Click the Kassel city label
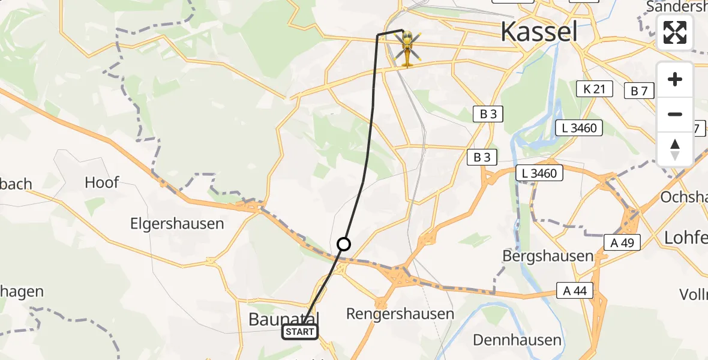pyautogui.click(x=539, y=31)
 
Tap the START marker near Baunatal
pyautogui.click(x=299, y=332)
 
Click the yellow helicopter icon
pyautogui.click(x=407, y=48)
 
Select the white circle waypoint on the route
pyautogui.click(x=344, y=244)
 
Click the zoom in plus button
pyautogui.click(x=675, y=79)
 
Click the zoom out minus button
pyautogui.click(x=675, y=114)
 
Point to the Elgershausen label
pyautogui.click(x=177, y=224)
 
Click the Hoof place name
pyautogui.click(x=102, y=182)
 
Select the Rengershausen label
pyautogui.click(x=400, y=314)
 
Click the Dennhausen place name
pyautogui.click(x=517, y=340)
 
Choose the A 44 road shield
pyautogui.click(x=575, y=292)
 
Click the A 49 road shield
pyautogui.click(x=622, y=242)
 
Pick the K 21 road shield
pyautogui.click(x=594, y=90)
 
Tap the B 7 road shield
pyautogui.click(x=639, y=91)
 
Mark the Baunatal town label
pyautogui.click(x=284, y=319)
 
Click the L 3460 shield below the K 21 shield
pyautogui.click(x=579, y=128)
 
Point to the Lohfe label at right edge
pyautogui.click(x=686, y=238)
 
